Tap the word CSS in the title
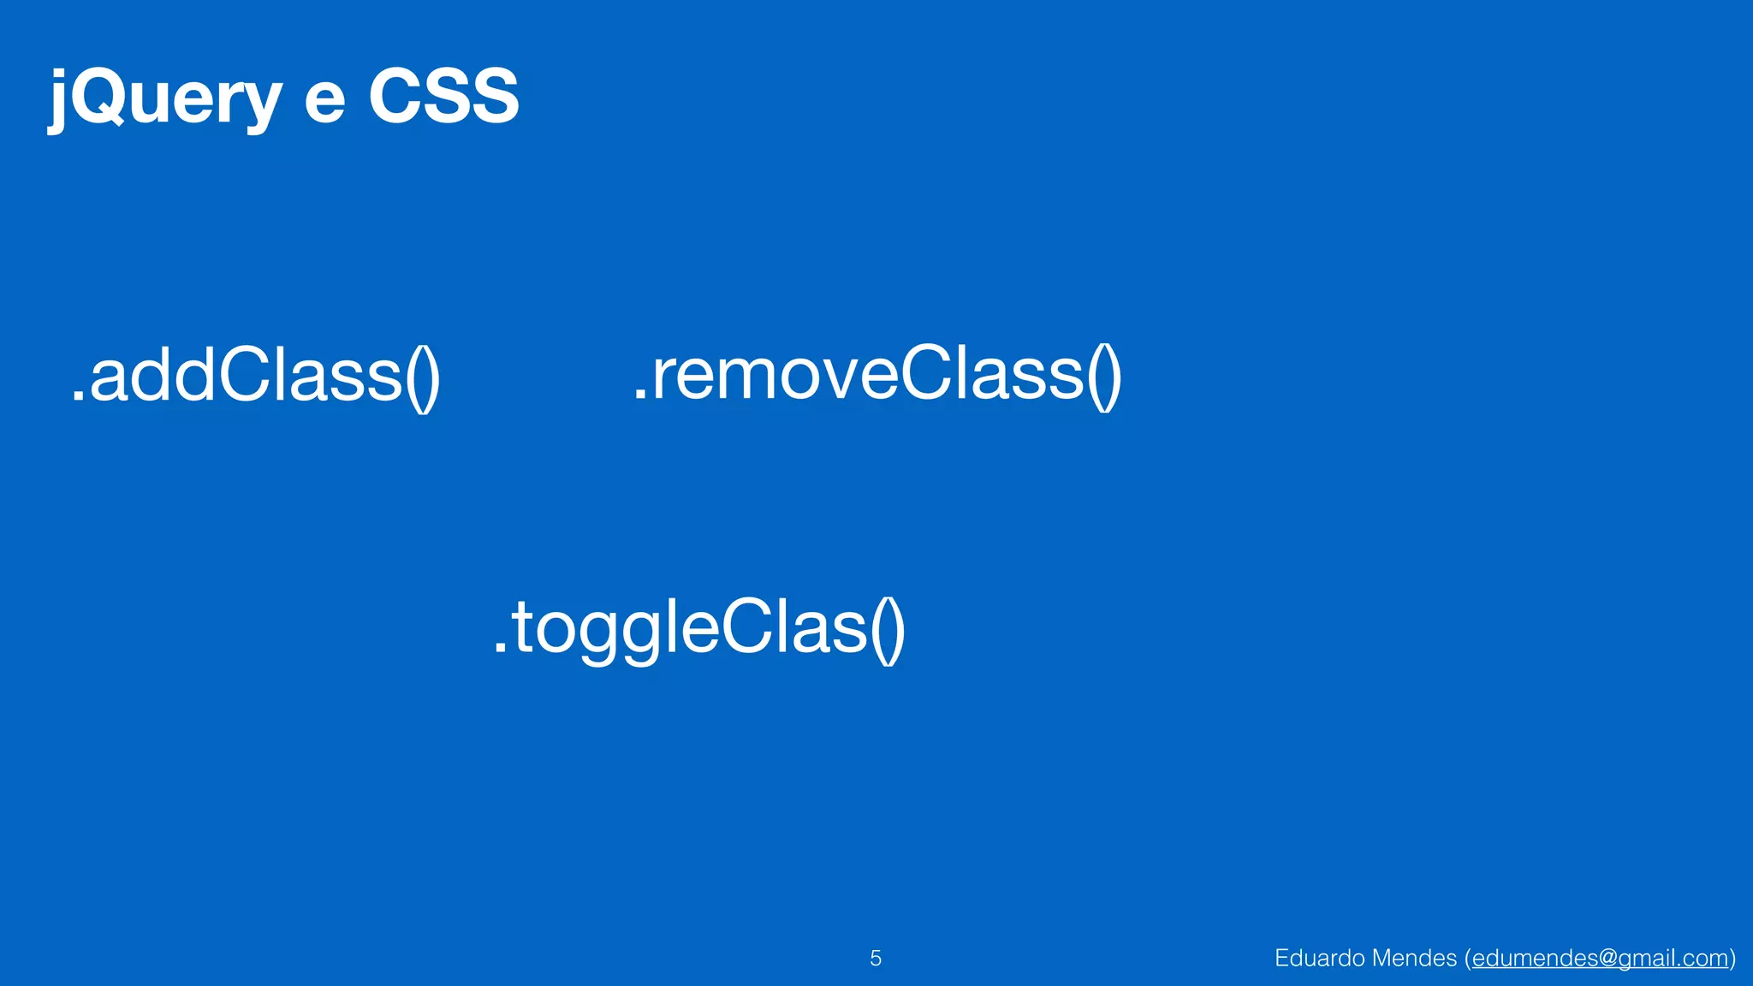pos(443,96)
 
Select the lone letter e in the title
pos(324,101)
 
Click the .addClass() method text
pos(255,377)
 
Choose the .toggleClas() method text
pos(698,628)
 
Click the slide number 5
pos(875,958)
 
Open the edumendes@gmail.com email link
pos(1600,958)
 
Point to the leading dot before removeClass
pos(639,395)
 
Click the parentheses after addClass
pos(423,377)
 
